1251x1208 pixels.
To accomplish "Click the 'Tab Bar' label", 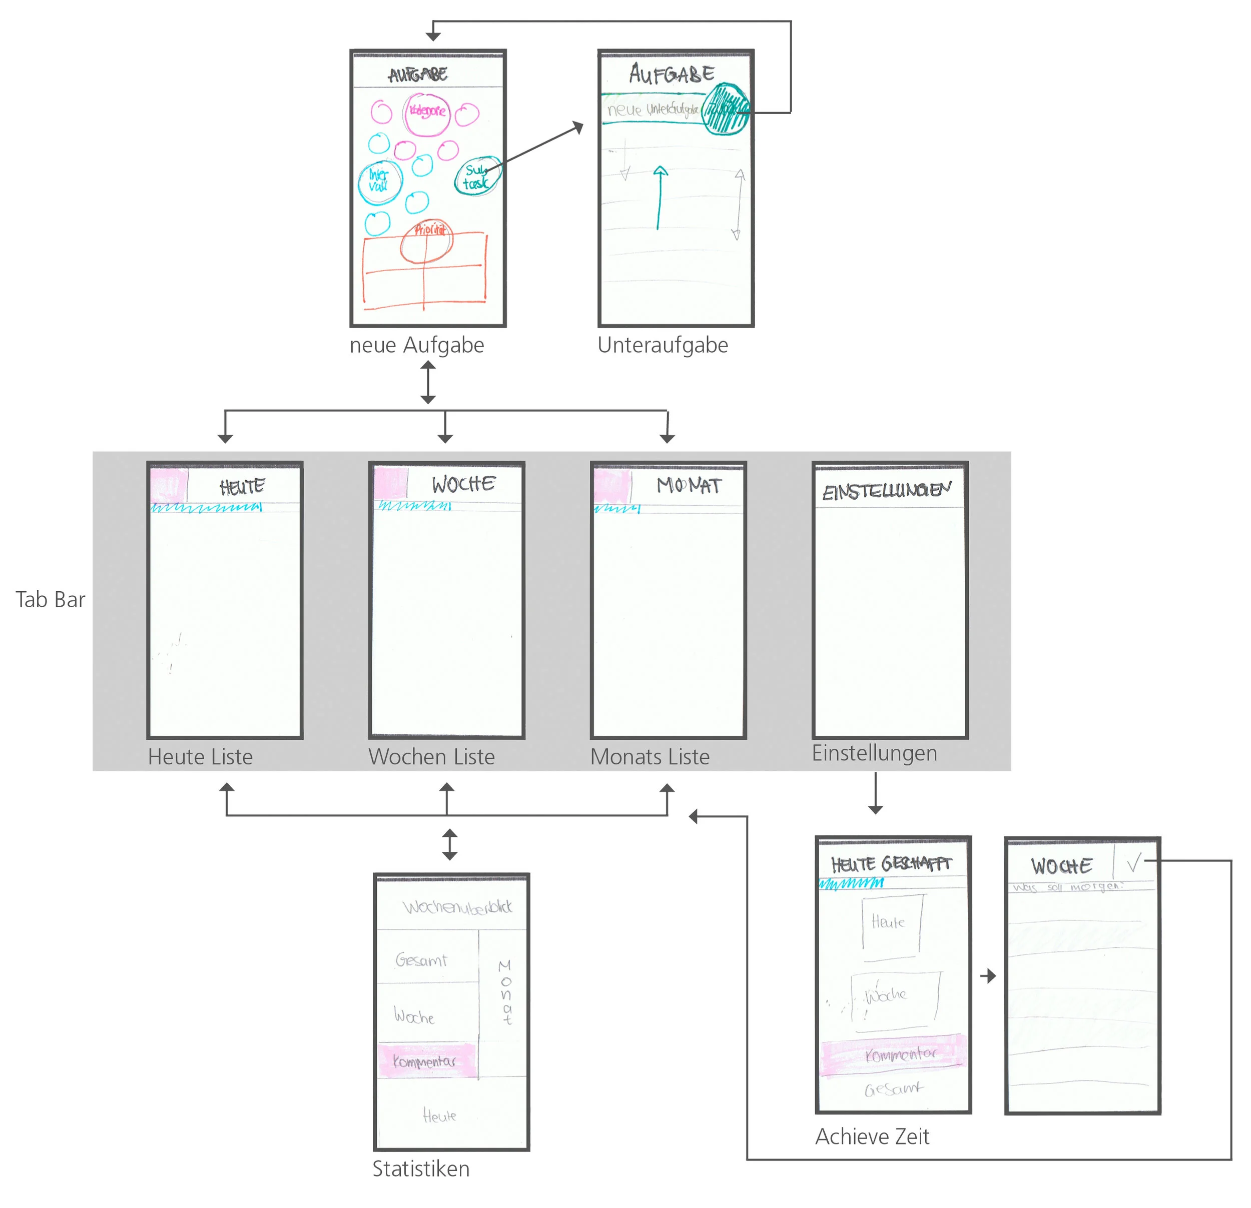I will click(50, 600).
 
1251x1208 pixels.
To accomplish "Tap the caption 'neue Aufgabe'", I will click(417, 345).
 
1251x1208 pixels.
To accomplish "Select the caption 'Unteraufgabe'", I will click(663, 345).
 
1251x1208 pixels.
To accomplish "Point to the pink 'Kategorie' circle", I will click(427, 114).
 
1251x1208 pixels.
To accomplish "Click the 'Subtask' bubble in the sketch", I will click(477, 176).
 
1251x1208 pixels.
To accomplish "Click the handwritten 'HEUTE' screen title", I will click(242, 488).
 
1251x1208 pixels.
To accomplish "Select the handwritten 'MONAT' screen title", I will click(689, 486).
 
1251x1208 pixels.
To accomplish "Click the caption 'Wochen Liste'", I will click(431, 757).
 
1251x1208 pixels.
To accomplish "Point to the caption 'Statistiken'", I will click(421, 1169).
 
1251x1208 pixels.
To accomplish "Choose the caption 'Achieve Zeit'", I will click(872, 1136).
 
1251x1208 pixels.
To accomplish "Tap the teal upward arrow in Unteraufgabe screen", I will click(660, 197).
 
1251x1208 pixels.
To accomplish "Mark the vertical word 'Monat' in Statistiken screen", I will click(505, 993).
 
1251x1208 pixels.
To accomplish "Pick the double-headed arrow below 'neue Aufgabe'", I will click(428, 382).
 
